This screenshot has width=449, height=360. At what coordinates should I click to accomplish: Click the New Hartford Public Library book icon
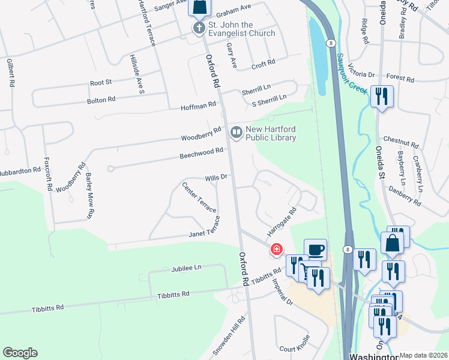237,131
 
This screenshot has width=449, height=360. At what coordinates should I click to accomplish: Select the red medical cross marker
276,249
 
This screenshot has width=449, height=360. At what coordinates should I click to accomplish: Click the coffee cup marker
315,249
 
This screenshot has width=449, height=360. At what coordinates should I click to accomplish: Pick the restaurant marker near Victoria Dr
382,96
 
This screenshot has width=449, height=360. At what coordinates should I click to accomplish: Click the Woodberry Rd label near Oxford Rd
202,134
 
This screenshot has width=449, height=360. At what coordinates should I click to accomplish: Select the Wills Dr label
215,178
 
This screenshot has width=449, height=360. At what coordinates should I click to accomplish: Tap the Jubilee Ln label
185,268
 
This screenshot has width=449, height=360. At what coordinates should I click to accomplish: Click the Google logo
20,352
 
